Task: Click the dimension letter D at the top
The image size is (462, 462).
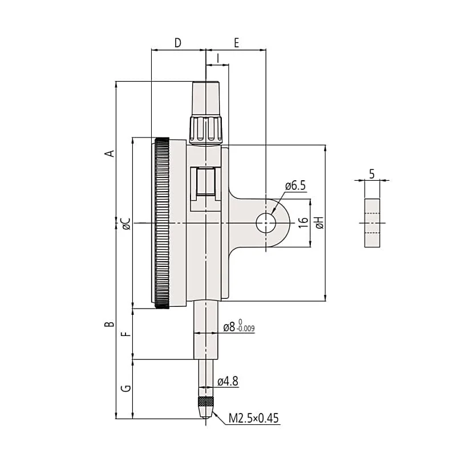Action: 177,43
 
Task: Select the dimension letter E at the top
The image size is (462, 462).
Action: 236,43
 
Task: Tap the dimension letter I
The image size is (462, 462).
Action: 218,58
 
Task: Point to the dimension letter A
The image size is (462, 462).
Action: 110,153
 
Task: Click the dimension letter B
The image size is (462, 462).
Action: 110,324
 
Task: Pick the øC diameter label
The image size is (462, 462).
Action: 126,224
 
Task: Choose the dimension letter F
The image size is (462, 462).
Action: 126,334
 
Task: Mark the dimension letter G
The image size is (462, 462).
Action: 126,388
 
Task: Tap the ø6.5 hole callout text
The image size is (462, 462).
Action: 295,185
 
